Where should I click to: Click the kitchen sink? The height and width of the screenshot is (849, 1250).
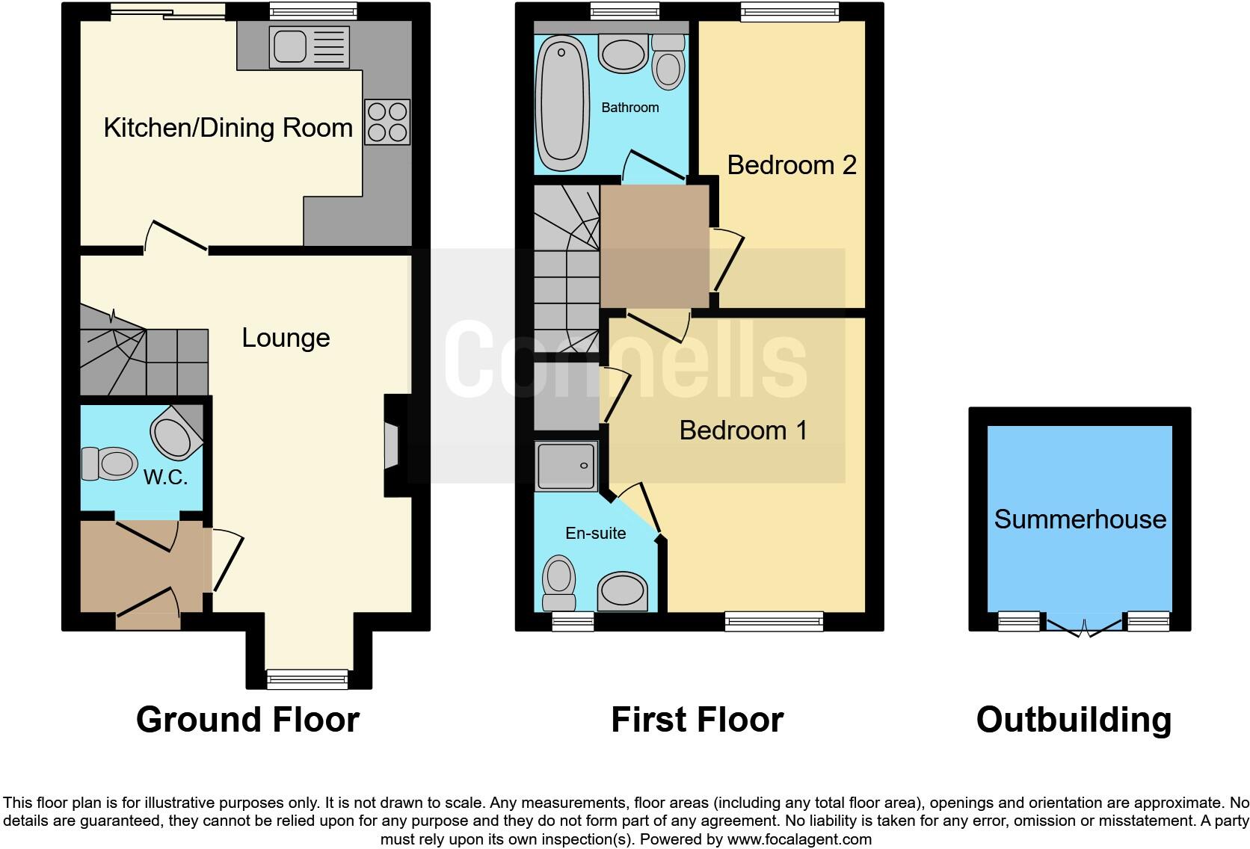click(291, 47)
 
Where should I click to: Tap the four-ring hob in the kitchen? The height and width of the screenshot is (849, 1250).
click(387, 122)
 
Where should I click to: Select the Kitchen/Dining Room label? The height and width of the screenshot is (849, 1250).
click(228, 128)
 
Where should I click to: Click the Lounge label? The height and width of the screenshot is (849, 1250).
click(286, 338)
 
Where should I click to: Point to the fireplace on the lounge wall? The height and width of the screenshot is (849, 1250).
click(392, 446)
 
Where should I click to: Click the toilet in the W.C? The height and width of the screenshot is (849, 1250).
click(108, 463)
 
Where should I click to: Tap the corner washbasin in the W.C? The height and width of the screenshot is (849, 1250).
click(175, 435)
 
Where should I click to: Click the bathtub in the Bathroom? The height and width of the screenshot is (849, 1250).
click(562, 104)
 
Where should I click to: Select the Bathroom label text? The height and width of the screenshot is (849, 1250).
click(629, 108)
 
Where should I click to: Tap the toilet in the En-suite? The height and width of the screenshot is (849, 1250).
click(559, 583)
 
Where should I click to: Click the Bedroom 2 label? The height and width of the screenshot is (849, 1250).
click(791, 165)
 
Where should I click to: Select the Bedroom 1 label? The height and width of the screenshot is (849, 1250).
click(743, 430)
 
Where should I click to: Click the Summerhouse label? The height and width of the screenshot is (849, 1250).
click(1080, 519)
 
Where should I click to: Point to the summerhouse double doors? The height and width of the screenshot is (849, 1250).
click(1083, 626)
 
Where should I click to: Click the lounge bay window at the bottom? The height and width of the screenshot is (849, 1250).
click(307, 678)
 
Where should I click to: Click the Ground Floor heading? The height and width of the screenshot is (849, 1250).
click(247, 720)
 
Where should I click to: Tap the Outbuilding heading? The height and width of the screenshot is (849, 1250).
click(1074, 720)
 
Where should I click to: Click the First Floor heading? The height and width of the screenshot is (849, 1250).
click(697, 720)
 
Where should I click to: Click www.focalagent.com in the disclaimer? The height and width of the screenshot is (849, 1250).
click(798, 839)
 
